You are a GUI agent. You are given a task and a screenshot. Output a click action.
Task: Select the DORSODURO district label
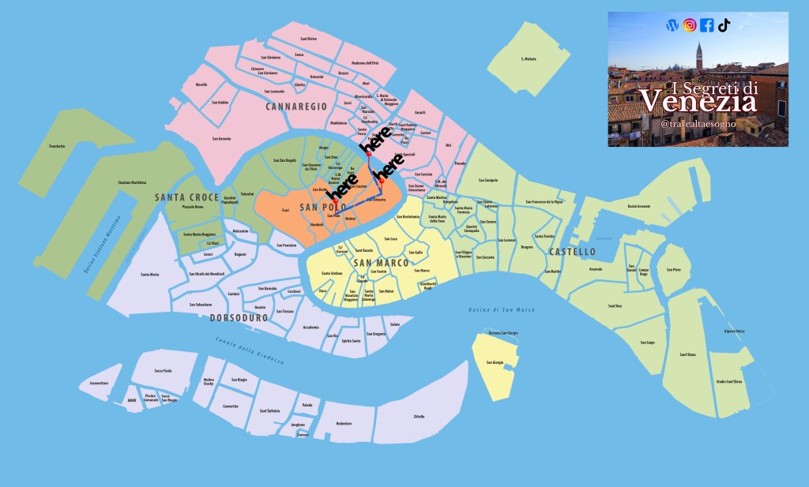tap(239, 318)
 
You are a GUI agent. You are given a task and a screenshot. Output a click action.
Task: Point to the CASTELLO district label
tap(573, 252)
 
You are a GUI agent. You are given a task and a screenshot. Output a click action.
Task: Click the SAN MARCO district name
tap(381, 262)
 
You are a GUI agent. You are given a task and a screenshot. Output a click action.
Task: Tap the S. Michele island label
tap(529, 59)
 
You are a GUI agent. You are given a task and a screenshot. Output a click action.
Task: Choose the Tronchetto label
tap(56, 146)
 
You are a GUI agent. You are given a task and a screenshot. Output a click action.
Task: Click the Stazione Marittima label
tap(133, 183)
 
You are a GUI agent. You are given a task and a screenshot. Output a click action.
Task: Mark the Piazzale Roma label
tap(194, 207)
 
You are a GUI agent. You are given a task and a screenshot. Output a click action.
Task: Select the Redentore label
tap(344, 424)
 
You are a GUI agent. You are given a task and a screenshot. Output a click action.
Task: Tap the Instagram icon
tap(690, 25)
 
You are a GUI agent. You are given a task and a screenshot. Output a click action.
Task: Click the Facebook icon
tap(706, 25)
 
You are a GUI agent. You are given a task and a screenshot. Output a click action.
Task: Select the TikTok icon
tap(724, 25)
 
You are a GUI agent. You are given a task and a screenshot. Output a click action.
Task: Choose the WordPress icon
tap(672, 25)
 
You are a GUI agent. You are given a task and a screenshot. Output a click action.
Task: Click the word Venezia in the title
tap(697, 102)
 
